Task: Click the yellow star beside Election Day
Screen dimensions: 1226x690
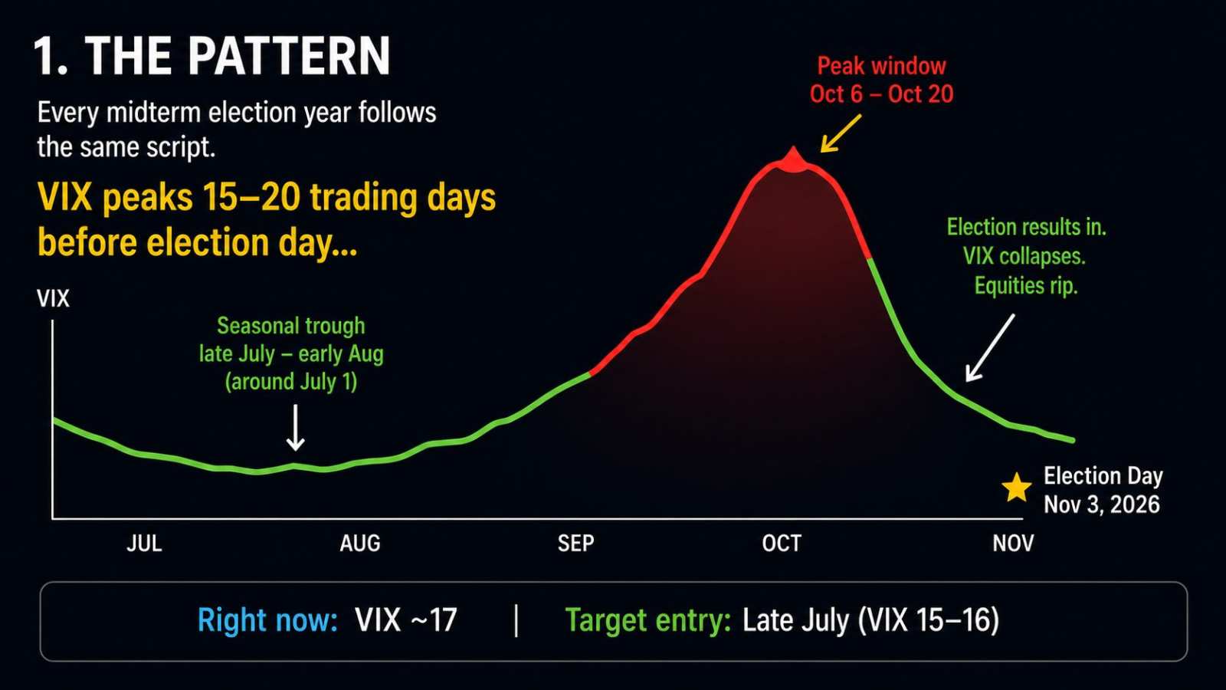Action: (x=1016, y=488)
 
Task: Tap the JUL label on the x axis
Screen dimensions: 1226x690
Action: (x=145, y=544)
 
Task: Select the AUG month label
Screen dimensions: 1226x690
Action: (x=359, y=544)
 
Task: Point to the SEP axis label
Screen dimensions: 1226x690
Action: (x=575, y=544)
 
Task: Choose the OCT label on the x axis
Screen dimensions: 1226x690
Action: (x=782, y=544)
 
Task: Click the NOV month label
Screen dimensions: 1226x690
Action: (x=1013, y=544)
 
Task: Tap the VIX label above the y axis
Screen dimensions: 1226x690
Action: (x=53, y=299)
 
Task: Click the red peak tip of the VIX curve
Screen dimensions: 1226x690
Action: (x=794, y=148)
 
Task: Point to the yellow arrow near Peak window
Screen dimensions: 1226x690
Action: (x=841, y=133)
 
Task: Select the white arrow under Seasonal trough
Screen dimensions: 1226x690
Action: (x=296, y=428)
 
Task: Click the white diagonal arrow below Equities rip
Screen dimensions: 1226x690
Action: (x=990, y=348)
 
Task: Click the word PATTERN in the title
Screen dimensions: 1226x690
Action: (x=289, y=57)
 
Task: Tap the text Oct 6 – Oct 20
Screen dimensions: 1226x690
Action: (x=882, y=94)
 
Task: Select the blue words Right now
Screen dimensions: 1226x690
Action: (x=267, y=620)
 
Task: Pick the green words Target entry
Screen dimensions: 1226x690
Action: (x=648, y=621)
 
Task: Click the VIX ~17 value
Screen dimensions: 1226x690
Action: (x=405, y=620)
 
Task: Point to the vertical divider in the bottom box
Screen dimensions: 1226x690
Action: (x=516, y=620)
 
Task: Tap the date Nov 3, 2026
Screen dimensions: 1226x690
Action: (x=1101, y=504)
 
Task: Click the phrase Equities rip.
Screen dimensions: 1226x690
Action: (x=1026, y=287)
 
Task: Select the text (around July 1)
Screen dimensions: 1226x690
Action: (x=291, y=382)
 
